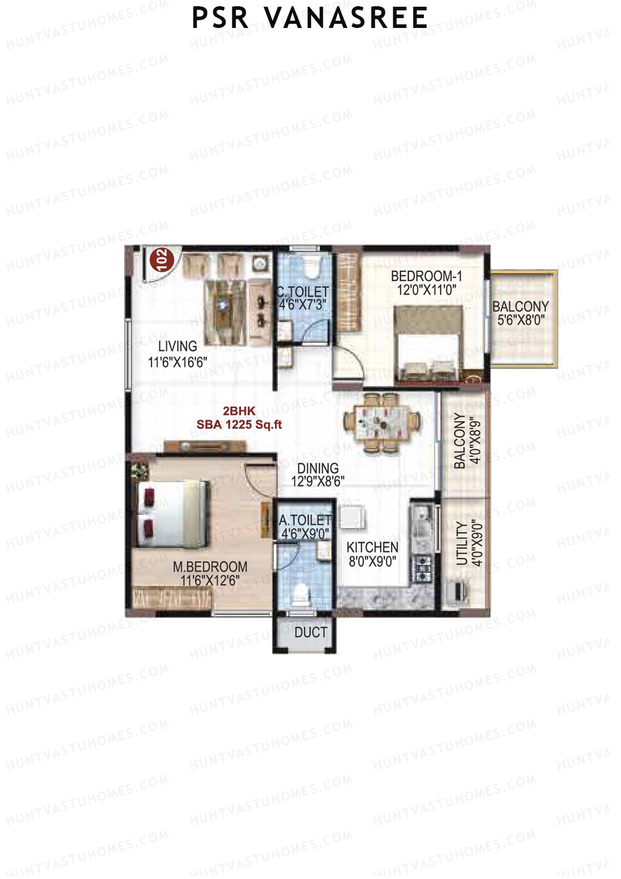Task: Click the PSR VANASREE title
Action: pyautogui.click(x=309, y=18)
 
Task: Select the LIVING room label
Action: pyautogui.click(x=178, y=346)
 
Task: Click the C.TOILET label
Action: pyautogui.click(x=303, y=292)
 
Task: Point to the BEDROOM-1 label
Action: pyautogui.click(x=426, y=276)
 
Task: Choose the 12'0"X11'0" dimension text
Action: pyautogui.click(x=426, y=290)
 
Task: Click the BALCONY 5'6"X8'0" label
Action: pyautogui.click(x=521, y=313)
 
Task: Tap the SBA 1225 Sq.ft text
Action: pyautogui.click(x=239, y=425)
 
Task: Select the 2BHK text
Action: pyautogui.click(x=239, y=411)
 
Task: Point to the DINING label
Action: pyautogui.click(x=318, y=468)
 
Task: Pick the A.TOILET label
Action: pyautogui.click(x=305, y=520)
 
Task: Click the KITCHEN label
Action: pyautogui.click(x=372, y=547)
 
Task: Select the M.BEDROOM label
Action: pyautogui.click(x=210, y=567)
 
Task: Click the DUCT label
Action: pyautogui.click(x=310, y=632)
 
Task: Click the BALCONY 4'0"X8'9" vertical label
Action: pyautogui.click(x=460, y=441)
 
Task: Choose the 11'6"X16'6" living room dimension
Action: pyautogui.click(x=178, y=362)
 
